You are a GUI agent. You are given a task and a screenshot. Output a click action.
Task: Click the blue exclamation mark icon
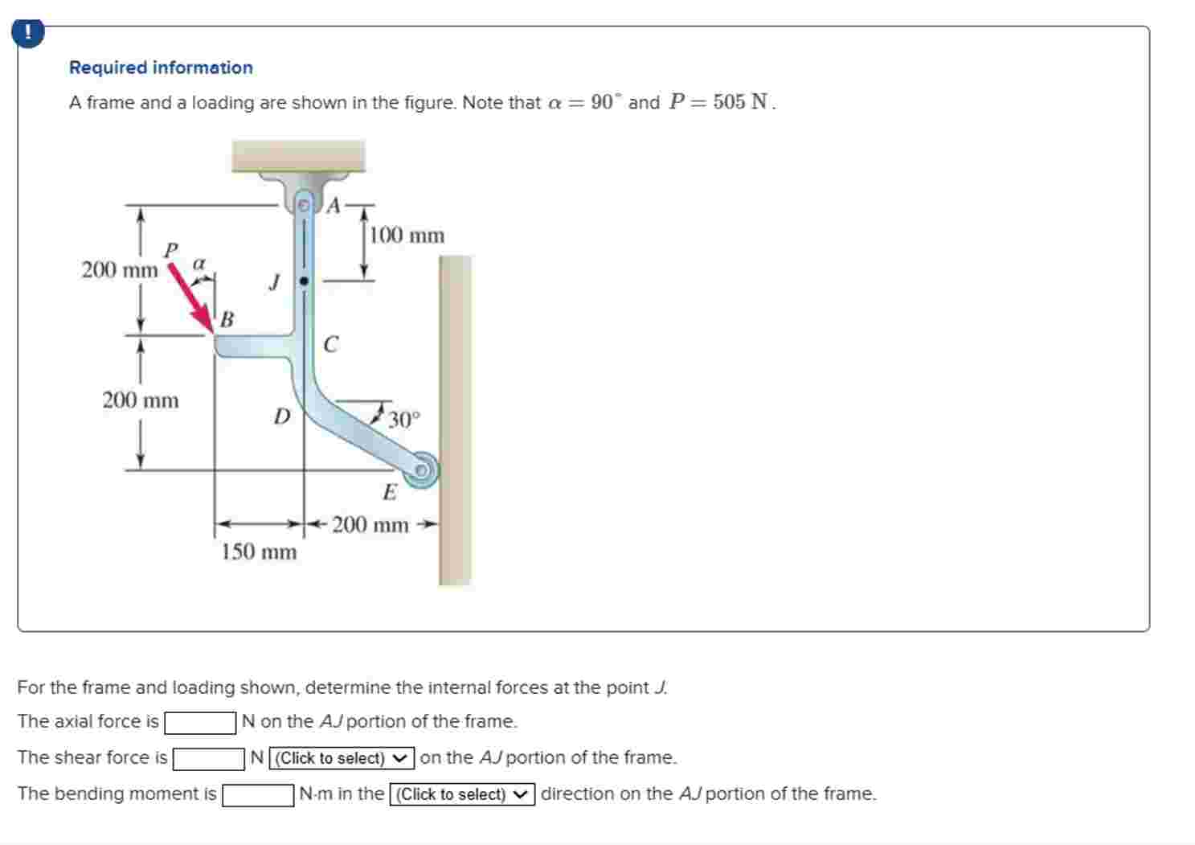coord(28,33)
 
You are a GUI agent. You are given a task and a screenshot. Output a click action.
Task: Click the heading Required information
coord(161,68)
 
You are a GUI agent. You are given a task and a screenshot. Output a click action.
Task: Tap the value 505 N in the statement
coord(740,103)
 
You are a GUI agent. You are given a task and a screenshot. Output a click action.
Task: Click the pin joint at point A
coord(304,206)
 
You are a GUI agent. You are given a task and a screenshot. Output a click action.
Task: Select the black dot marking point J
coord(304,281)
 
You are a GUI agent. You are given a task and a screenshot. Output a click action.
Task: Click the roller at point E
coord(420,470)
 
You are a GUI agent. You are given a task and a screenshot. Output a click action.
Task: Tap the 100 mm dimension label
coord(407,236)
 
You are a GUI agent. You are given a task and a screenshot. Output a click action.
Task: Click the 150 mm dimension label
coord(259,552)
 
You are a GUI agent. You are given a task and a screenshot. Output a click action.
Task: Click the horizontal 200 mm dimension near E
coord(370,526)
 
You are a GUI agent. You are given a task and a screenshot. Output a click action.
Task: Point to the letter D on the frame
coord(281,416)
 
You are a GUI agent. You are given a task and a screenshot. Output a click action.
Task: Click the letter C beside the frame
coord(330,345)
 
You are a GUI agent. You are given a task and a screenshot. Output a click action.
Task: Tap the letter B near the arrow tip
coord(227,320)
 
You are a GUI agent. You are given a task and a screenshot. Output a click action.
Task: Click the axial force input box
coord(200,723)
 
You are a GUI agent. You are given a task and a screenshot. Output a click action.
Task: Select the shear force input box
coord(209,758)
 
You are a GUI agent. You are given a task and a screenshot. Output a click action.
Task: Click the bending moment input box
coord(258,795)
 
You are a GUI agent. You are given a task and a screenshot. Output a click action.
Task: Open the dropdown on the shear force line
coord(342,758)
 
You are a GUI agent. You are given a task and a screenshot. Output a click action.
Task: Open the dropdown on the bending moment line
coord(462,795)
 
